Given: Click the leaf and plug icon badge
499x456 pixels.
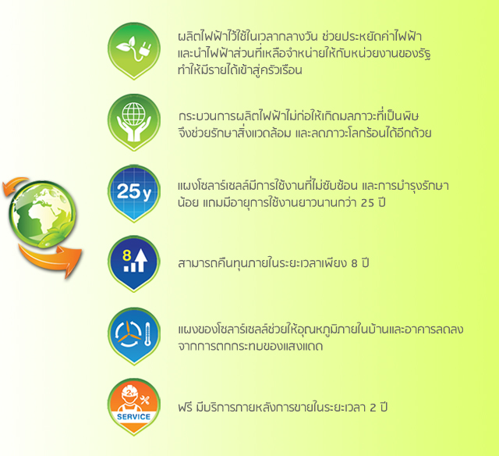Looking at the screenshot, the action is point(133,50).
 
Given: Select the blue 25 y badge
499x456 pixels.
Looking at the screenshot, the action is point(133,193).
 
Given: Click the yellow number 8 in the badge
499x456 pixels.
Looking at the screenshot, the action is point(126,255).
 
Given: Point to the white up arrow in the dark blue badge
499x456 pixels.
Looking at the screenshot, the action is point(140,260).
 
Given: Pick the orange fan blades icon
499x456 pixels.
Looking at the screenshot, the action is point(129,333).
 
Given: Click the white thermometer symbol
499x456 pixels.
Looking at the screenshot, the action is point(147,334).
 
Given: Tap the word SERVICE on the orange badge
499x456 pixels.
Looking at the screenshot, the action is point(133,417).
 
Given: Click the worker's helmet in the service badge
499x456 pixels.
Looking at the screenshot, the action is point(129,393).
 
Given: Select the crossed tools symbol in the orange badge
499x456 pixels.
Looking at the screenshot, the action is point(145,400).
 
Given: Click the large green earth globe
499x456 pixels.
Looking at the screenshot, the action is point(42,214).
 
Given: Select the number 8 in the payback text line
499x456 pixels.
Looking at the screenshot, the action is point(354,264).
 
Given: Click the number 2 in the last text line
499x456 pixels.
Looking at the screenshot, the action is point(373,408).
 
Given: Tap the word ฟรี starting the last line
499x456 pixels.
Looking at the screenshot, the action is point(185,407).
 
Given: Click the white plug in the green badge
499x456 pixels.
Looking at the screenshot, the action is point(146,49).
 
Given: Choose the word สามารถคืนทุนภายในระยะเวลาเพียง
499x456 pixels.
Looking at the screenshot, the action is point(262,263).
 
